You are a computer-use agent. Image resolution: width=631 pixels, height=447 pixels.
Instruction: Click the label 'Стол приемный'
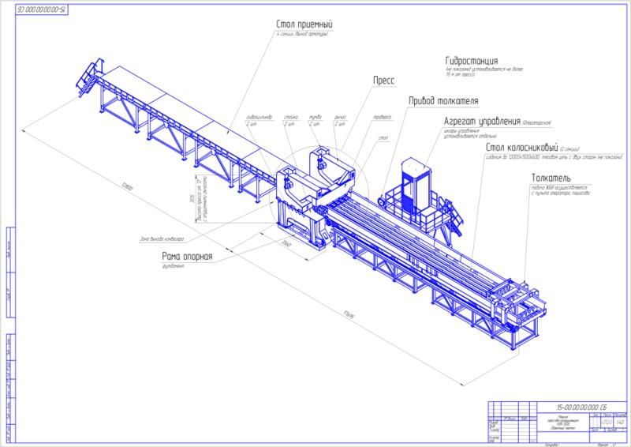click(304, 24)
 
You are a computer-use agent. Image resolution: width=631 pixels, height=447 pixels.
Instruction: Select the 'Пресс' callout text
click(383, 81)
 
